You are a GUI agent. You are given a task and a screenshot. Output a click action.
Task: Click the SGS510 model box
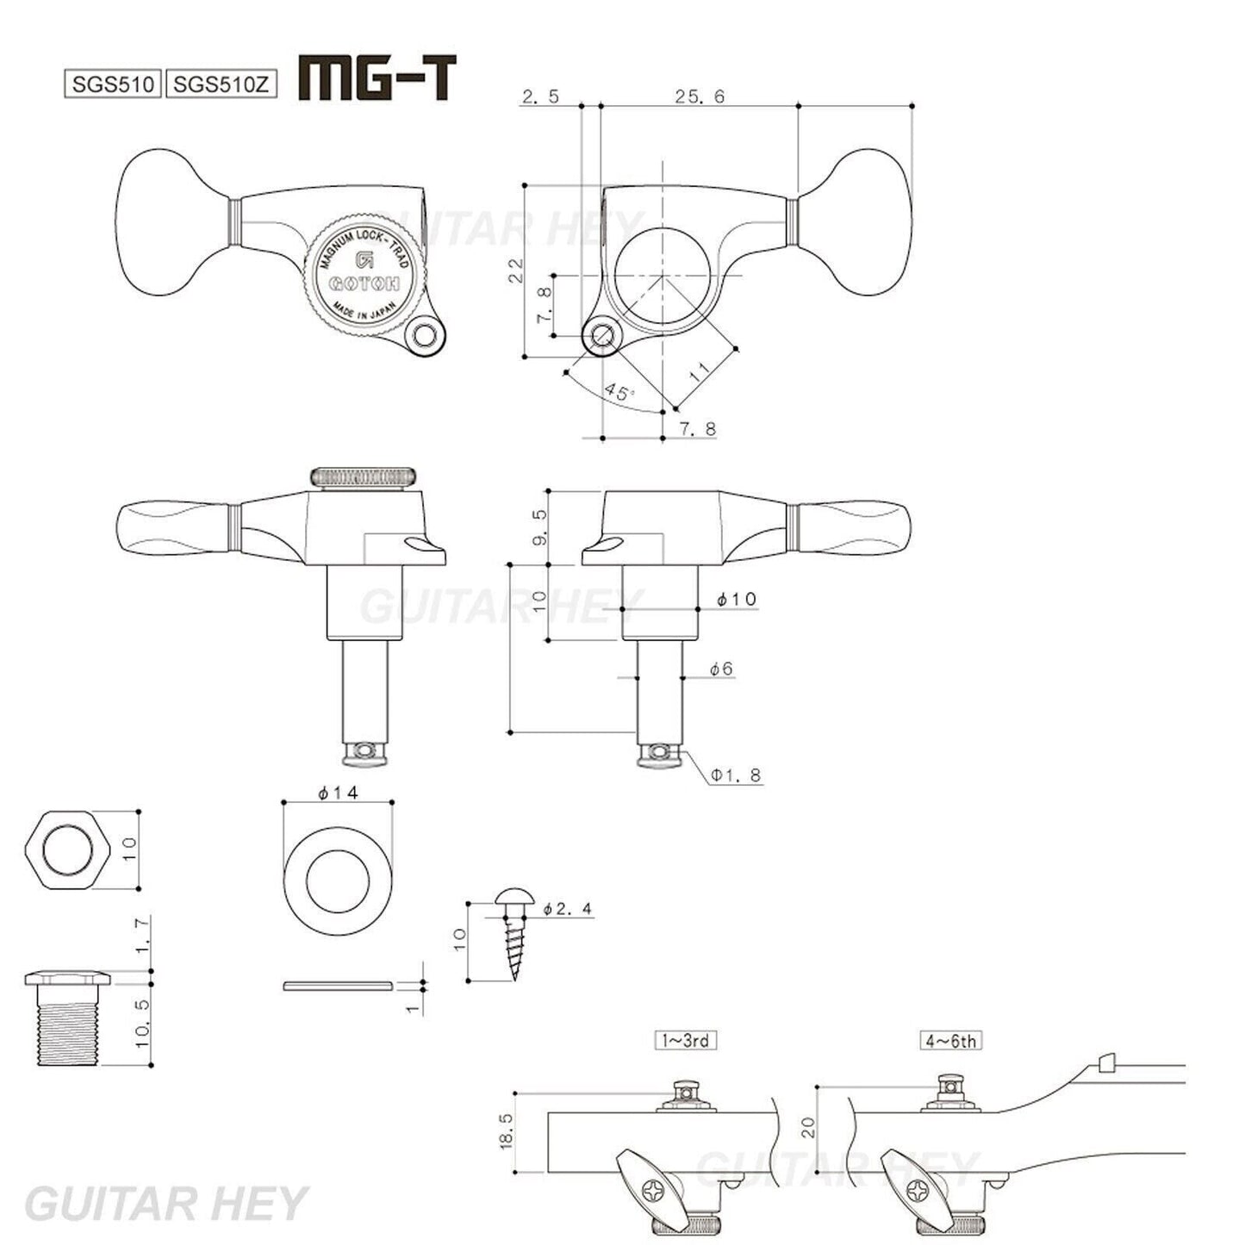click(x=113, y=84)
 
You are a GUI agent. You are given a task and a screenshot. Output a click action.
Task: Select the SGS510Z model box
click(x=221, y=84)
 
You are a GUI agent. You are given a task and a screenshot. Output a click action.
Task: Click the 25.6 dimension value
click(x=700, y=96)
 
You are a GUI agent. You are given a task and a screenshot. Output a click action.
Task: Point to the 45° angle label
click(x=619, y=392)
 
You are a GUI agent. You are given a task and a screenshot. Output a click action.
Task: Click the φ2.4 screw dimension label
click(x=568, y=908)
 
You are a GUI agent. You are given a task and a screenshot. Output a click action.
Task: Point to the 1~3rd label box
click(x=685, y=1040)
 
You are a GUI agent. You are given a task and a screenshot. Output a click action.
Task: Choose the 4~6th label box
click(x=950, y=1040)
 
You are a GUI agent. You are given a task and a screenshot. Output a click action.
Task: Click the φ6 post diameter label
click(x=721, y=668)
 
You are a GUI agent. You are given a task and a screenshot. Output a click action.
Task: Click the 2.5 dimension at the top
click(x=540, y=96)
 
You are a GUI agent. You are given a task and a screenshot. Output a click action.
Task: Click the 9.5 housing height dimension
click(x=539, y=526)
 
